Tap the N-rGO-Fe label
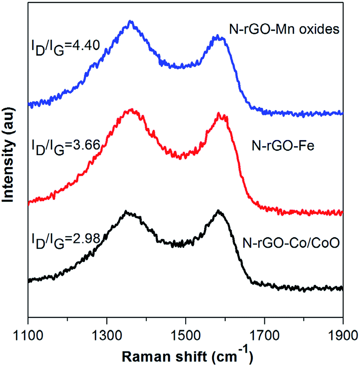283,146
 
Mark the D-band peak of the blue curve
131,21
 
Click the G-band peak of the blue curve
217,36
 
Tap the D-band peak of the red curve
132,110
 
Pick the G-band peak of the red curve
218,113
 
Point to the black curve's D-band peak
126,212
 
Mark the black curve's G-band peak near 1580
218,211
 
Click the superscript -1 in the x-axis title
247,352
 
